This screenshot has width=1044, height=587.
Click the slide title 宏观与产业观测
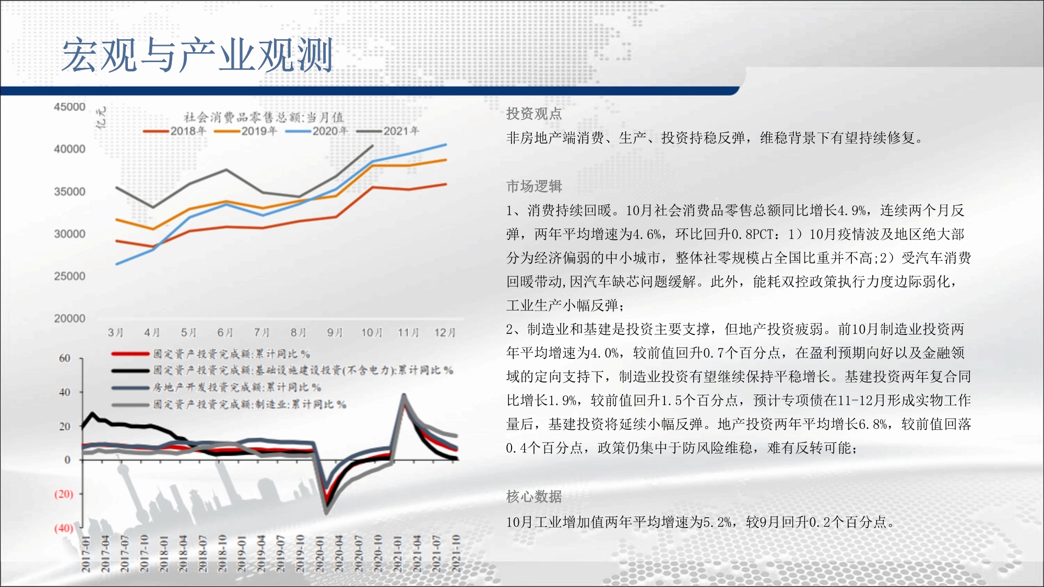(197, 55)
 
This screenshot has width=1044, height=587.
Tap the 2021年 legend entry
(388, 131)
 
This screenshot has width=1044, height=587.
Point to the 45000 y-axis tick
(69, 107)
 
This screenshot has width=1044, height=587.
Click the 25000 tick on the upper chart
(69, 276)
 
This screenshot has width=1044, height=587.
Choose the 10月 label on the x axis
(372, 332)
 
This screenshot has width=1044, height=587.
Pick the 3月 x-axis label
(115, 332)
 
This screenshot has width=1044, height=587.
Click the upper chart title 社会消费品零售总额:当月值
(263, 117)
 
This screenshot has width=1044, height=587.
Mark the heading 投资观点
(534, 114)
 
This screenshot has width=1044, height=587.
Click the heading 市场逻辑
(534, 186)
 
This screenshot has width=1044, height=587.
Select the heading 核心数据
(534, 497)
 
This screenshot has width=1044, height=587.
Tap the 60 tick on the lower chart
(65, 358)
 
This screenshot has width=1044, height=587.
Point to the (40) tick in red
(64, 528)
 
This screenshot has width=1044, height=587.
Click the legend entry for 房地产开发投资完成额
(217, 388)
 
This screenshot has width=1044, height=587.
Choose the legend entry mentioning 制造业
(229, 404)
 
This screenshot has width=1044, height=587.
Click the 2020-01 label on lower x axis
(319, 553)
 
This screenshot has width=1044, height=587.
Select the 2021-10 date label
(456, 553)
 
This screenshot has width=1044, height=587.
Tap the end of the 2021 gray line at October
(373, 146)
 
